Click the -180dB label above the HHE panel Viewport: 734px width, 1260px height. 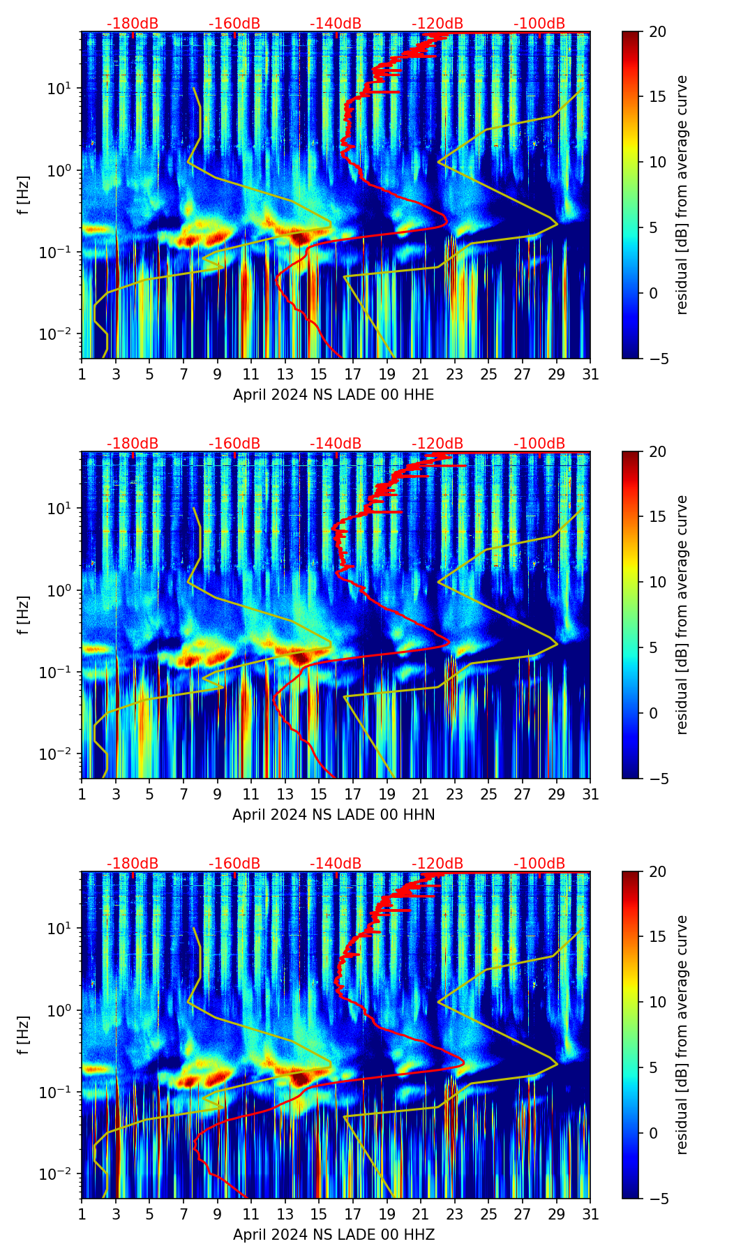[133, 24]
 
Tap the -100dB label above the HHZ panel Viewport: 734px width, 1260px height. [539, 864]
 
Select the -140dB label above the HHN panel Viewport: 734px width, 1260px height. [336, 444]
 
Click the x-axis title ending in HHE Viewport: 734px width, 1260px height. [334, 395]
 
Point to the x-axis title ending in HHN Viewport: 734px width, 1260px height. [334, 815]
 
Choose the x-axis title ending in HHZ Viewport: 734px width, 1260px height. [334, 1235]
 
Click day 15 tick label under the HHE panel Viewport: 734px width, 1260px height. [319, 375]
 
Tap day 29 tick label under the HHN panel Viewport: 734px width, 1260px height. [556, 795]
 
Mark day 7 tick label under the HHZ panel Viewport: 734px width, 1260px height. [183, 1215]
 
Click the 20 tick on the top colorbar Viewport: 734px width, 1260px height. [657, 31]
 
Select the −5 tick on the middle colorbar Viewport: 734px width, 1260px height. [657, 779]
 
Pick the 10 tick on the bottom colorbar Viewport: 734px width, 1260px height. [657, 1002]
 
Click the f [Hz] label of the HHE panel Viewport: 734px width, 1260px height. [23, 195]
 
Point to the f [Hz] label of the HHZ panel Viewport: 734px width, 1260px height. [23, 1035]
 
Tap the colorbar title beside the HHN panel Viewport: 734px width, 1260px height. [682, 615]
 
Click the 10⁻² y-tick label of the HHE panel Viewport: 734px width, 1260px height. [59, 334]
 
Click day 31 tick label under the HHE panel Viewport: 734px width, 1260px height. [590, 375]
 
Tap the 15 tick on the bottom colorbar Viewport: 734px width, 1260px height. [657, 936]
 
